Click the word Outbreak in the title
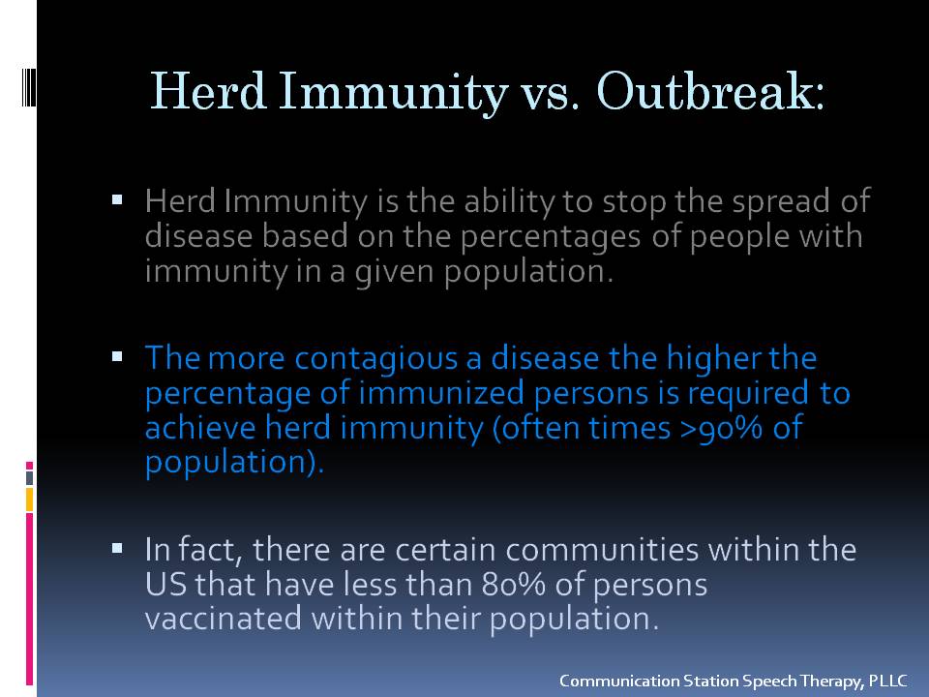(x=710, y=92)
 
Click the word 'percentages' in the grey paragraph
(x=551, y=238)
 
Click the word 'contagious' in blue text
(x=375, y=359)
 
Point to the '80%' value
(x=513, y=585)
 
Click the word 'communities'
(x=602, y=550)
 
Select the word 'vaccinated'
(x=224, y=619)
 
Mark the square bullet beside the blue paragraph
(x=117, y=357)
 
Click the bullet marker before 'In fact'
(x=117, y=548)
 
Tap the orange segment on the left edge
(x=29, y=500)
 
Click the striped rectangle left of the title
(x=29, y=88)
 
